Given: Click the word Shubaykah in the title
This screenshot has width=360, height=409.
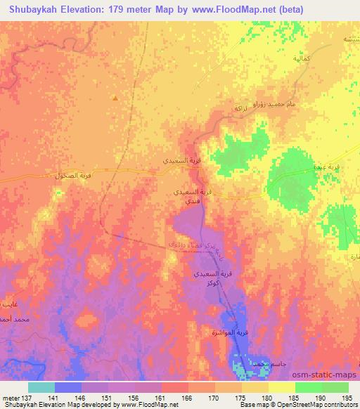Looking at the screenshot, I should tap(31, 10).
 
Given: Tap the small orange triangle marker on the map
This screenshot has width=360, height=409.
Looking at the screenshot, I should tap(115, 98).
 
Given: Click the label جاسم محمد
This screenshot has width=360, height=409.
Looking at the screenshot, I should tap(251, 363).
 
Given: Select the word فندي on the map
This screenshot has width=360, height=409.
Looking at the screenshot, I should tap(191, 201).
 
